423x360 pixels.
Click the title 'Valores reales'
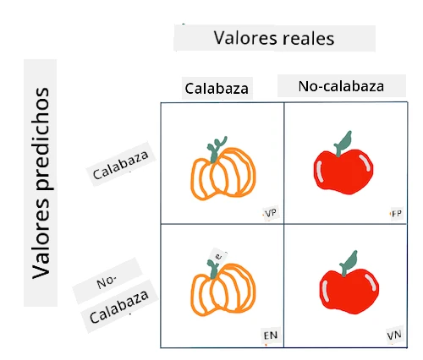[x=274, y=38]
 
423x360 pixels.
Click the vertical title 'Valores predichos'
[x=41, y=183]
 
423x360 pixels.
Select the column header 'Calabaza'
[x=217, y=89]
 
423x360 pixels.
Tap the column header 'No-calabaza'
[x=341, y=86]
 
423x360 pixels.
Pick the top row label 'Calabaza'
[x=120, y=165]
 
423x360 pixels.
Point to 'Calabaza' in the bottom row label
[x=119, y=307]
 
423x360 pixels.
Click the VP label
[x=271, y=213]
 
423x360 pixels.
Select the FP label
[x=397, y=214]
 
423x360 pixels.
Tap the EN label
[x=271, y=335]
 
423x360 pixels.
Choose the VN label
[x=394, y=335]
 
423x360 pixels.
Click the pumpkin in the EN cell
[x=223, y=287]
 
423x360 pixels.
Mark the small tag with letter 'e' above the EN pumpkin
[x=219, y=256]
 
